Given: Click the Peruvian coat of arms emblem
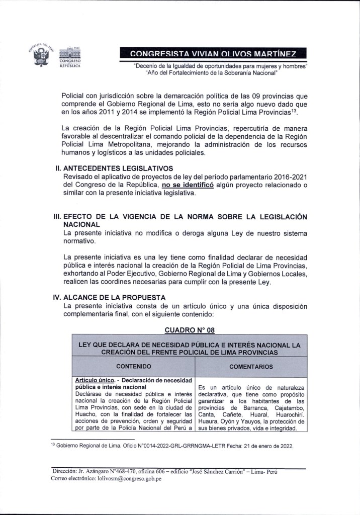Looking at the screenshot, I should pyautogui.click(x=41, y=54).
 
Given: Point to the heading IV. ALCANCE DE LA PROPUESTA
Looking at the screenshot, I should pyautogui.click(x=108, y=297).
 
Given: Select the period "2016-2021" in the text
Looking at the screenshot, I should pyautogui.click(x=289, y=177).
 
